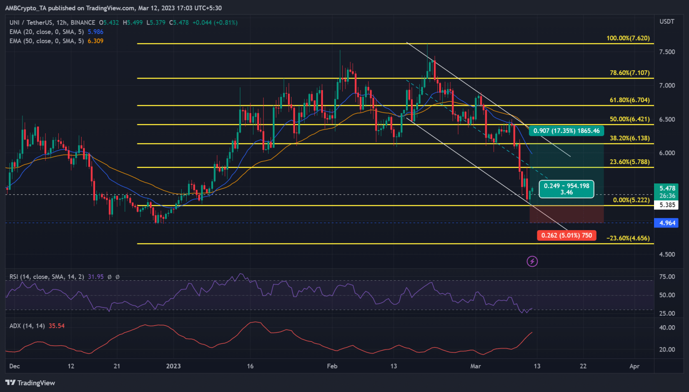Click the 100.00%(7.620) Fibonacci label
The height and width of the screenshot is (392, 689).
coord(628,38)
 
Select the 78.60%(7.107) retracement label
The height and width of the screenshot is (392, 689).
coord(629,73)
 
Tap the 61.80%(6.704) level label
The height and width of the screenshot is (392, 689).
coord(629,100)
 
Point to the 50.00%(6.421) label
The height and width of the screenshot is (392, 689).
coord(629,119)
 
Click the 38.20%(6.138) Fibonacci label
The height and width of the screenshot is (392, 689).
coord(629,138)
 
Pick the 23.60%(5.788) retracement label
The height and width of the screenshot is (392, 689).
coord(629,162)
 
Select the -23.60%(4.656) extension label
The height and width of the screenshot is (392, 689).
coord(628,238)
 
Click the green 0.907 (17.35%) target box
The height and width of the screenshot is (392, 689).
coord(566,131)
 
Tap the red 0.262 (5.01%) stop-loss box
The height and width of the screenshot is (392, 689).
coord(566,235)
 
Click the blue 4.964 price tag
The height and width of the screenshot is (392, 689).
coord(667,223)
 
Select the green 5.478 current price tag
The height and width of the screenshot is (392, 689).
coord(667,189)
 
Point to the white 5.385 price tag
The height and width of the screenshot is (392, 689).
coord(667,205)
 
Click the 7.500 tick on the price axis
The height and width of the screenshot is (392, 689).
coord(667,52)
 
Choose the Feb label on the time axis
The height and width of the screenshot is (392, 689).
coord(332,366)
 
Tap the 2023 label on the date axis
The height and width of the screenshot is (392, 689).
coord(173,366)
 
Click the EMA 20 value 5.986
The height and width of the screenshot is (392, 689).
coord(96,32)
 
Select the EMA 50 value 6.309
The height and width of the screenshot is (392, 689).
coord(96,41)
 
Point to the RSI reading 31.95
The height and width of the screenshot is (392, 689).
coord(96,277)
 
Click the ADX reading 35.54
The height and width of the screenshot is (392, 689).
coord(57,326)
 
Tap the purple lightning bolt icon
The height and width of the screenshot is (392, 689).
coord(532,261)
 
